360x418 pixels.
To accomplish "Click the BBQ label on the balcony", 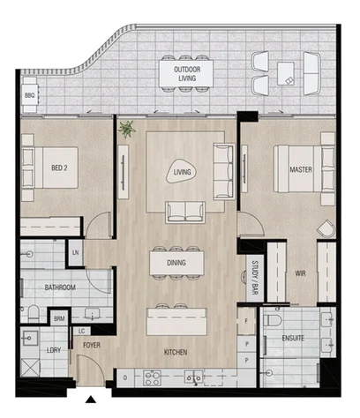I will click(30, 93).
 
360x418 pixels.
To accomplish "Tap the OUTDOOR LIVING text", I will click(185, 73).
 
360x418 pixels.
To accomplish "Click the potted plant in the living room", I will click(128, 129).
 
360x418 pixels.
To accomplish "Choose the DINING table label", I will click(175, 262).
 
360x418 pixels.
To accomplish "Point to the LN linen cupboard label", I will click(75, 254).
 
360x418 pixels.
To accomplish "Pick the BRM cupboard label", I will click(59, 318).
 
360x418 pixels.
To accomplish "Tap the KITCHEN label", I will click(175, 353).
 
